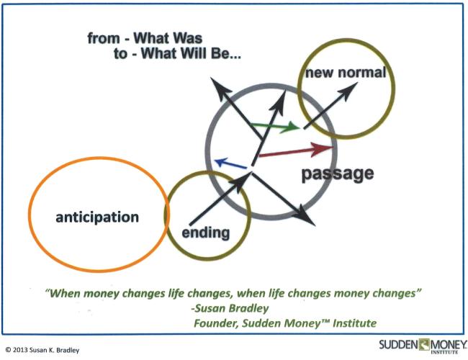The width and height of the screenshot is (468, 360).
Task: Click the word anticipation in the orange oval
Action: pyautogui.click(x=97, y=217)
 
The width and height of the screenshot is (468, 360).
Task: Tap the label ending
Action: pyautogui.click(x=206, y=233)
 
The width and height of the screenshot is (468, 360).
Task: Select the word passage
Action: pyautogui.click(x=338, y=174)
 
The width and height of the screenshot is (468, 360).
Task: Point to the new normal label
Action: pyautogui.click(x=346, y=73)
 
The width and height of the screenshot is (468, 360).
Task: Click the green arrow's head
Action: pyautogui.click(x=291, y=127)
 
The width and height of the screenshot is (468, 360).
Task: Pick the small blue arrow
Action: pyautogui.click(x=230, y=163)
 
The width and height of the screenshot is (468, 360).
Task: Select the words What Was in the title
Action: pyautogui.click(x=168, y=38)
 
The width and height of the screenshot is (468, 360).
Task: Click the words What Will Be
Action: pyautogui.click(x=191, y=53)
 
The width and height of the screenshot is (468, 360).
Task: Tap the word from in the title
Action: pyautogui.click(x=104, y=38)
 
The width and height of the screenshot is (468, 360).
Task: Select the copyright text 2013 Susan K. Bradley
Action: pyautogui.click(x=46, y=350)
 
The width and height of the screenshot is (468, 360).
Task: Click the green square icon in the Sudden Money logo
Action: pyautogui.click(x=424, y=344)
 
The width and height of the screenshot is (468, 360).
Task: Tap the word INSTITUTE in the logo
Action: pyautogui.click(x=444, y=352)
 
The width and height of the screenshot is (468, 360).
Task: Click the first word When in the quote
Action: pyautogui.click(x=65, y=294)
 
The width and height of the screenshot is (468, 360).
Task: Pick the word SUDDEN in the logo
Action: pyautogui.click(x=398, y=345)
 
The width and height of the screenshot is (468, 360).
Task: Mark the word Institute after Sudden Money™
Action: pyautogui.click(x=354, y=323)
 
